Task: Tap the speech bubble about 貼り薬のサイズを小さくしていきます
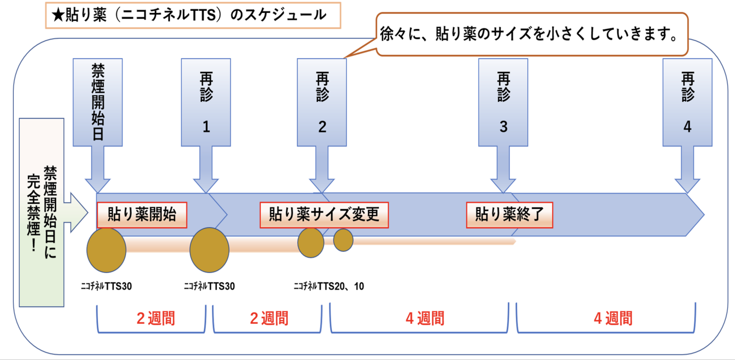(531, 34)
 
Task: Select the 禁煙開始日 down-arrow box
(97, 102)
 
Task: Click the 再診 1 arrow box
(206, 102)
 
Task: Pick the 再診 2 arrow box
(322, 102)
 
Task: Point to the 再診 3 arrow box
(503, 102)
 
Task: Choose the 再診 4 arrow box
(687, 102)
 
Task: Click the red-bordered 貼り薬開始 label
(142, 215)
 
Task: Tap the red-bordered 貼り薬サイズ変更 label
(324, 215)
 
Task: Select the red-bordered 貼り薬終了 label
(509, 215)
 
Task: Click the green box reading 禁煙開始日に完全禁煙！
(42, 212)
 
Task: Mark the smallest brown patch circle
(344, 240)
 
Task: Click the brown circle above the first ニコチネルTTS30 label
(106, 250)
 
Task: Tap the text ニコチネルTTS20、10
(329, 286)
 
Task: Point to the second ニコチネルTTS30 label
(209, 286)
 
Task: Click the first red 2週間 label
(156, 319)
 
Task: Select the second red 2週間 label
(269, 319)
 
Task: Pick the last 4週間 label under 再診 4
(613, 319)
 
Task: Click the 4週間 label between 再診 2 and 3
(425, 319)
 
